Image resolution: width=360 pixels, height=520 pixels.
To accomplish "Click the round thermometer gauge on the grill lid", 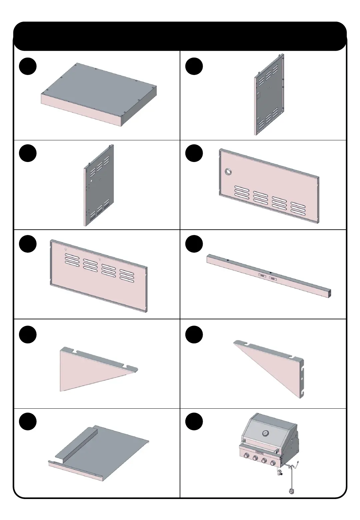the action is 265,433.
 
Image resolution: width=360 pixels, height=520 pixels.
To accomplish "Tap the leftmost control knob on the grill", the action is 247,456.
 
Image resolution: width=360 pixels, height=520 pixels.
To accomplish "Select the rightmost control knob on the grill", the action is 273,463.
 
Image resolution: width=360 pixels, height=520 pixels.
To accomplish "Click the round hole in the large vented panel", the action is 229,172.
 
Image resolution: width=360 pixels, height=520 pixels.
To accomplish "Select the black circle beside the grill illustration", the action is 194,422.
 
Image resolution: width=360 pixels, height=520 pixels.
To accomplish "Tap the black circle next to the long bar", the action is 194,244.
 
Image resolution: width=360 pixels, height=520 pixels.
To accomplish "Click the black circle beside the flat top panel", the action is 27,66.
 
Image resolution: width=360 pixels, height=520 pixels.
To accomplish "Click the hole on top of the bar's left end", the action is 228,260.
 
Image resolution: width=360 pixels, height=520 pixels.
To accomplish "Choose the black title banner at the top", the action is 180,36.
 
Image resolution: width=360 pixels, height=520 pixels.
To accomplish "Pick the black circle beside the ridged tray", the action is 27,422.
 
